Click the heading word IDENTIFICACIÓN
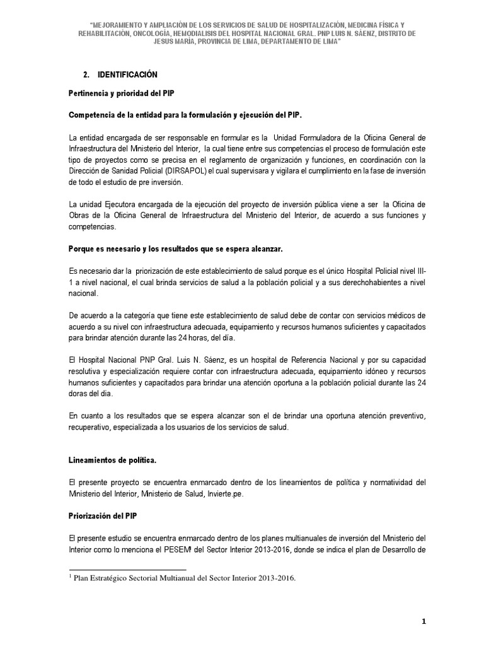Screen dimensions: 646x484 point(127,75)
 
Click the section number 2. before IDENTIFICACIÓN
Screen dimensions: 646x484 point(88,75)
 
